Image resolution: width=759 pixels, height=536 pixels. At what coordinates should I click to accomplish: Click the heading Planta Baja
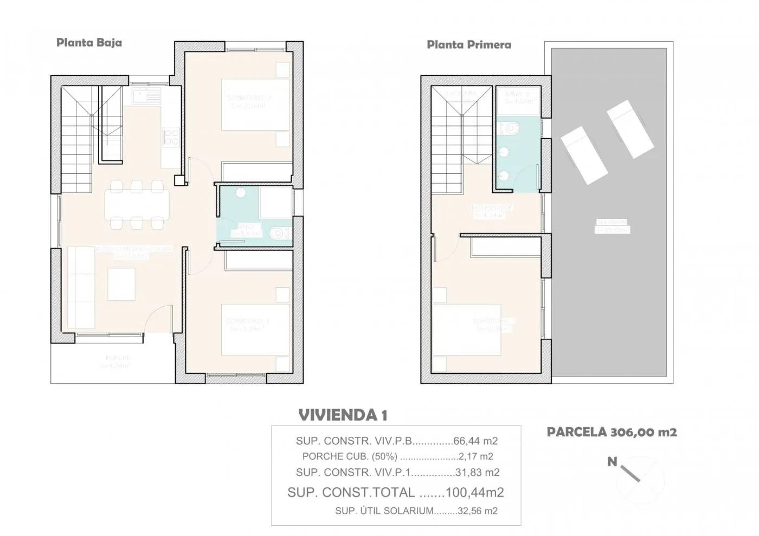(x=89, y=43)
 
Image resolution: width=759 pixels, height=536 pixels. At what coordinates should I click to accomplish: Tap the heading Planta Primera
(x=468, y=44)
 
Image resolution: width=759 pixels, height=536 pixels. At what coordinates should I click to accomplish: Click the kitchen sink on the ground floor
(x=146, y=97)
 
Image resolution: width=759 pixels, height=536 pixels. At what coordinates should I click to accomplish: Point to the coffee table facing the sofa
(x=121, y=284)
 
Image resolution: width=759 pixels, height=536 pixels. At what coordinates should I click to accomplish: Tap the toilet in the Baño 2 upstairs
(x=511, y=128)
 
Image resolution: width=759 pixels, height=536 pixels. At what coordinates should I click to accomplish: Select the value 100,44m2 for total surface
(x=474, y=493)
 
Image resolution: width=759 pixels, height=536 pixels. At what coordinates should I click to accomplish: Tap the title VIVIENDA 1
(x=343, y=416)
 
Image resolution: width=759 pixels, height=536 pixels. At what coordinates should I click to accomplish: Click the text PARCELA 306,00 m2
(x=612, y=432)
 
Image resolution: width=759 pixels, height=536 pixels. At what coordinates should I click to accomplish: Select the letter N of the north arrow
(x=612, y=462)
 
